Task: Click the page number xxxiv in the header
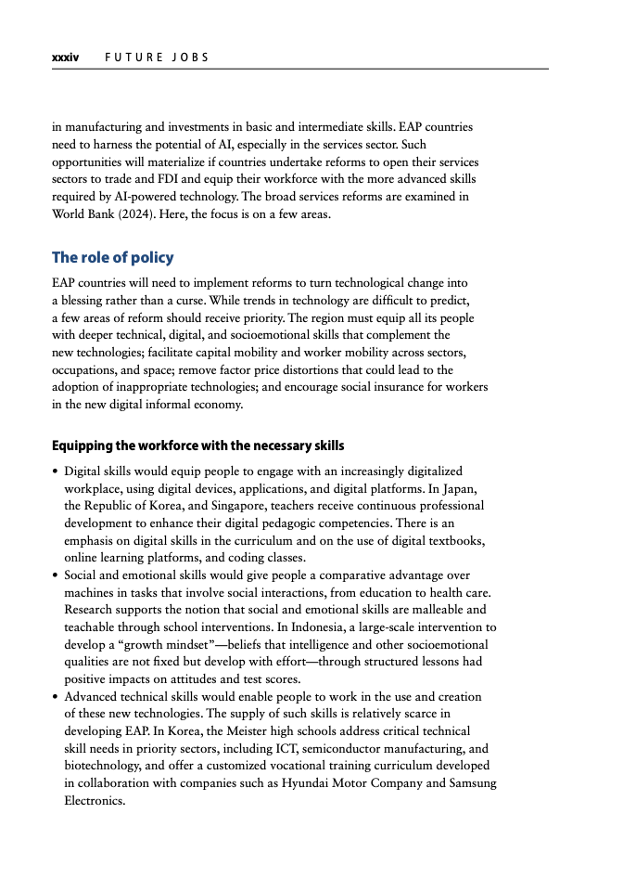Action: pyautogui.click(x=65, y=58)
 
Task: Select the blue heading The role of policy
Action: pyautogui.click(x=112, y=257)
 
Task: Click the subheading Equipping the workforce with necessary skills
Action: pyautogui.click(x=197, y=445)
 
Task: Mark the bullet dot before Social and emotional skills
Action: pyautogui.click(x=55, y=575)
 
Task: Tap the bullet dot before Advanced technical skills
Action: pyautogui.click(x=55, y=696)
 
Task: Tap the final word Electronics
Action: pyautogui.click(x=94, y=800)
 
